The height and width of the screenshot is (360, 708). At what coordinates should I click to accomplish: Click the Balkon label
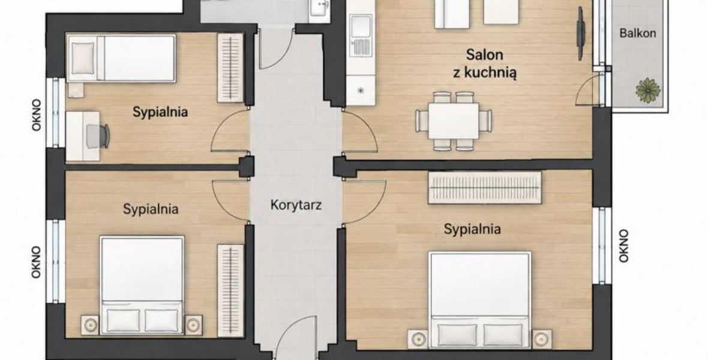(638, 33)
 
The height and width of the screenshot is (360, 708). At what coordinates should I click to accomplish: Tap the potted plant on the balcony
(648, 90)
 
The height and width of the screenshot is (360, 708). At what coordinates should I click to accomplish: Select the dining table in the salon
(454, 121)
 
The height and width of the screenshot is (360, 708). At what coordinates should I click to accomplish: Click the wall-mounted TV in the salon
(581, 34)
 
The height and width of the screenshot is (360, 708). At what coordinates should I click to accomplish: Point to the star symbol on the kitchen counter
(361, 91)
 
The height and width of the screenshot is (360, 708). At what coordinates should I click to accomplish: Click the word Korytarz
(296, 205)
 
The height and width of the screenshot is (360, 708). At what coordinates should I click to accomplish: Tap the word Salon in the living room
(484, 55)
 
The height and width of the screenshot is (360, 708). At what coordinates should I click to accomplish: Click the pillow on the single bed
(83, 58)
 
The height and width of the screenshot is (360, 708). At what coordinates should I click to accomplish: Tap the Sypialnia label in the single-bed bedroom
(160, 112)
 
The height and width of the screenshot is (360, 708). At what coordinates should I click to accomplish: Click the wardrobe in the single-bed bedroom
(230, 68)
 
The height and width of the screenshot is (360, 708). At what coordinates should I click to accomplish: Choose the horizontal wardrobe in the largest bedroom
(484, 187)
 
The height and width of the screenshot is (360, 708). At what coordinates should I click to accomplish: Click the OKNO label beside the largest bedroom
(623, 246)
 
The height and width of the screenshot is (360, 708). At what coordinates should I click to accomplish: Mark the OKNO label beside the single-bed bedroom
(36, 115)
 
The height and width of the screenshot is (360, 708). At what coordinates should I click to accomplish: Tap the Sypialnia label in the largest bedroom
(472, 229)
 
